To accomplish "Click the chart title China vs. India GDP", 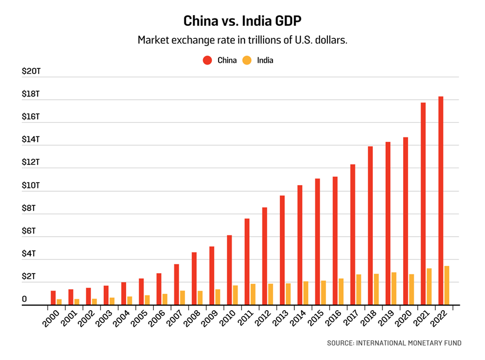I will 242,21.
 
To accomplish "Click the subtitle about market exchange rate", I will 242,41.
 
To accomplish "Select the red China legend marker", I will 207,60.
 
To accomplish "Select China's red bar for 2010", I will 229,270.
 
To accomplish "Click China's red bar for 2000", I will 53,298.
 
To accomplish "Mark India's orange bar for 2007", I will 182,298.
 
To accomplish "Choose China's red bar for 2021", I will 423,204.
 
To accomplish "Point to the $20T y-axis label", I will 31,71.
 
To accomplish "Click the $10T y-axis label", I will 31,186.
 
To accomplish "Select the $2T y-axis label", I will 29,277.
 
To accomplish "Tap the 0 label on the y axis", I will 25,300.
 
